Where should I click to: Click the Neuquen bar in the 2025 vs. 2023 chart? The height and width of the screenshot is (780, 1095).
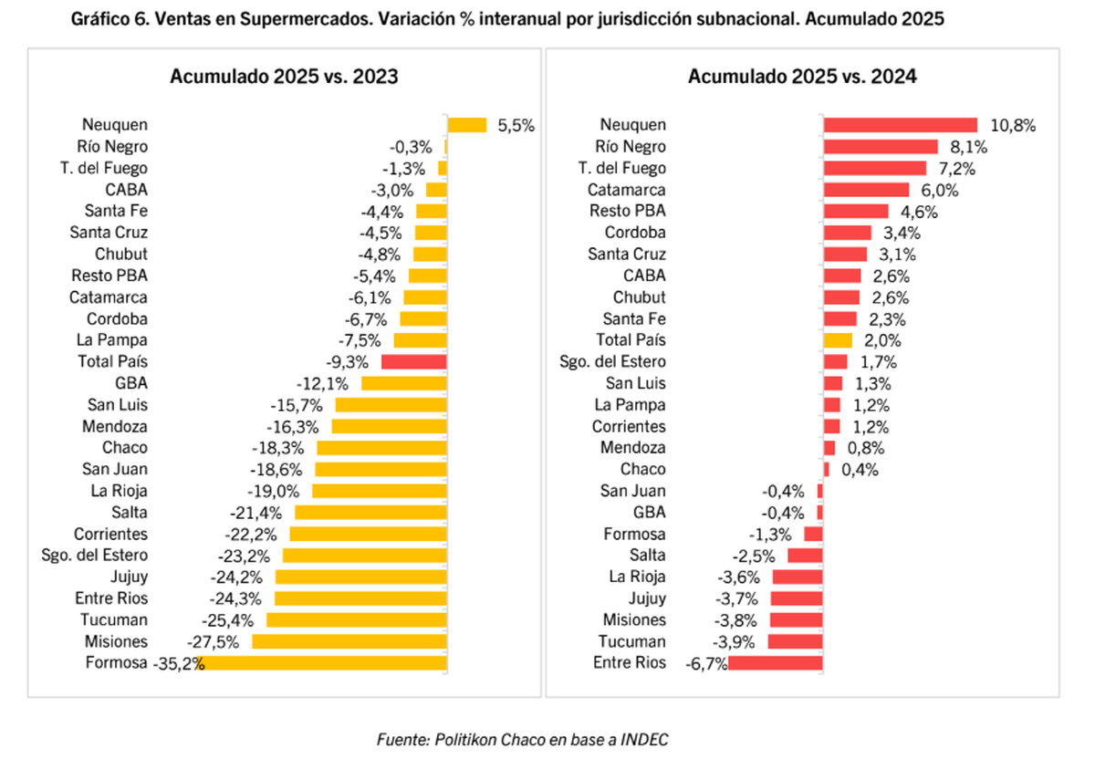467,125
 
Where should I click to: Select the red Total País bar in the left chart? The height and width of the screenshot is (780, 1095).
413,361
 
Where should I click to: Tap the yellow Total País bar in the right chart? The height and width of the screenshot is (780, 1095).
838,340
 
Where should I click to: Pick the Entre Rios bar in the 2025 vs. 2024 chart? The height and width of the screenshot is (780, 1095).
776,663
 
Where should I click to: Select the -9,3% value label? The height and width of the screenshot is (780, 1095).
350,361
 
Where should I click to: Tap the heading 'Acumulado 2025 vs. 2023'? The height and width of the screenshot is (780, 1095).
284,77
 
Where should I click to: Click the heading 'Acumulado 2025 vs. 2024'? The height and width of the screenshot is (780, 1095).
802,77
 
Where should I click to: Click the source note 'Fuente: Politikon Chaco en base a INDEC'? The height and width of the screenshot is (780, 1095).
523,740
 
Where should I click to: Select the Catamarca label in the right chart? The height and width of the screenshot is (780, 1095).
626,190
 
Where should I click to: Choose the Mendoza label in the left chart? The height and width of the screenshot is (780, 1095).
116,426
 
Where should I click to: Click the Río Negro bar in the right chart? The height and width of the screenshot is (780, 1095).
881,147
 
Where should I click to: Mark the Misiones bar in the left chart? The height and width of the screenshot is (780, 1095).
349,641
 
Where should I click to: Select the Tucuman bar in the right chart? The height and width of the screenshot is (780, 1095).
796,641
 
